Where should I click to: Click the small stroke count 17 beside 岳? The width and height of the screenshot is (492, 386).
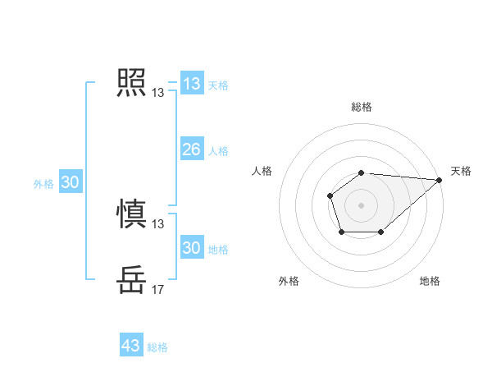pos(157,290)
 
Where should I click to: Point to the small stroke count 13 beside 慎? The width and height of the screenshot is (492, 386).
pos(157,224)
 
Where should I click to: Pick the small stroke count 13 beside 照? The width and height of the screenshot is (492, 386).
pos(157,93)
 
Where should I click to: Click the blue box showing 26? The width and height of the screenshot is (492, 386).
pos(191,149)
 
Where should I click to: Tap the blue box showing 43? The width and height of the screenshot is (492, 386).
pos(130,346)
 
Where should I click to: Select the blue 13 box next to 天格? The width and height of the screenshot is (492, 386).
pos(191,84)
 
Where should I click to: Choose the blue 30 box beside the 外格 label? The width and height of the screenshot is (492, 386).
pos(70,182)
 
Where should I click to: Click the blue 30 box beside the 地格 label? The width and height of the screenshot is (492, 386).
pos(191,248)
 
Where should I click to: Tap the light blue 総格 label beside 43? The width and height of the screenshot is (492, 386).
pos(157,347)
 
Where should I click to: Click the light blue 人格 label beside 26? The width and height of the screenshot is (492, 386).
pos(218,151)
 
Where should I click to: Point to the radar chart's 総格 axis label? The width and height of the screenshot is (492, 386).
pos(361,107)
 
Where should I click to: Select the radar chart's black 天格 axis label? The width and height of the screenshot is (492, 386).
pos(461,171)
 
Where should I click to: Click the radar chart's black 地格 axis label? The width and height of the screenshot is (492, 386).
pos(430,282)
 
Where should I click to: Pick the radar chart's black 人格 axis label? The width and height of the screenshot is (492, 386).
pos(262,171)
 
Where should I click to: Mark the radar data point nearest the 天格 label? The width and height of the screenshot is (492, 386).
pos(440,180)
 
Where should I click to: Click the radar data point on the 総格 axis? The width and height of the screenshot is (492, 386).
pos(361,172)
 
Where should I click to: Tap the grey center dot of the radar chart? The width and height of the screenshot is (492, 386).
pos(361,204)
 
